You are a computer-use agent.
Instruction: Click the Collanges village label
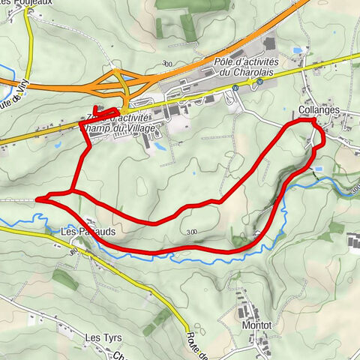coord(319,110)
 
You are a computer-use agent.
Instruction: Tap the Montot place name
coord(256,326)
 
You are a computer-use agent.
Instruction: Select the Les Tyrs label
coord(103,337)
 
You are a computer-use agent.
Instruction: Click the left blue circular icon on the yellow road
coord(235,87)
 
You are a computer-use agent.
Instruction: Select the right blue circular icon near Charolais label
coord(259,83)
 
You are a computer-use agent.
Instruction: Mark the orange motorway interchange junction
coord(120,80)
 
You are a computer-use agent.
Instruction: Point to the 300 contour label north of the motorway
coord(166,64)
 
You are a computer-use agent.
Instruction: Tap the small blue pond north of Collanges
coord(299,50)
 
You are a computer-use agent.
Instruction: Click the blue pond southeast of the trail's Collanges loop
coord(319,169)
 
